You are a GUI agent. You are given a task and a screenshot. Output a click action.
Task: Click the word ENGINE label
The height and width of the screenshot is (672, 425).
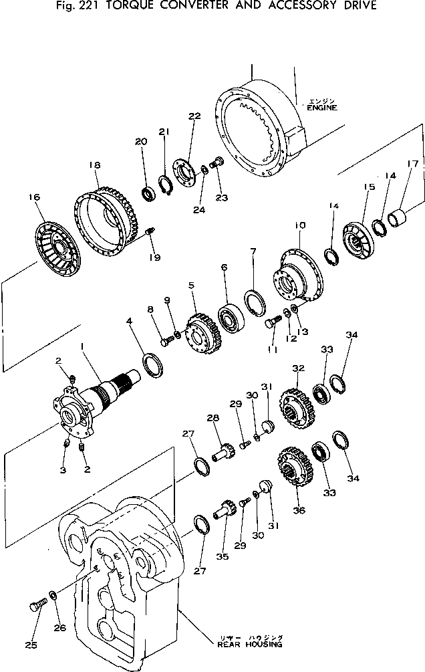coord(321,108)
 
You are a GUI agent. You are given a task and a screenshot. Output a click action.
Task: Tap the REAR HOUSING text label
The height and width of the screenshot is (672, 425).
coord(249,645)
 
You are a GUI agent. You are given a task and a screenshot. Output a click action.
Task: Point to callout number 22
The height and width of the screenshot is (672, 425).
coord(194,116)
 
